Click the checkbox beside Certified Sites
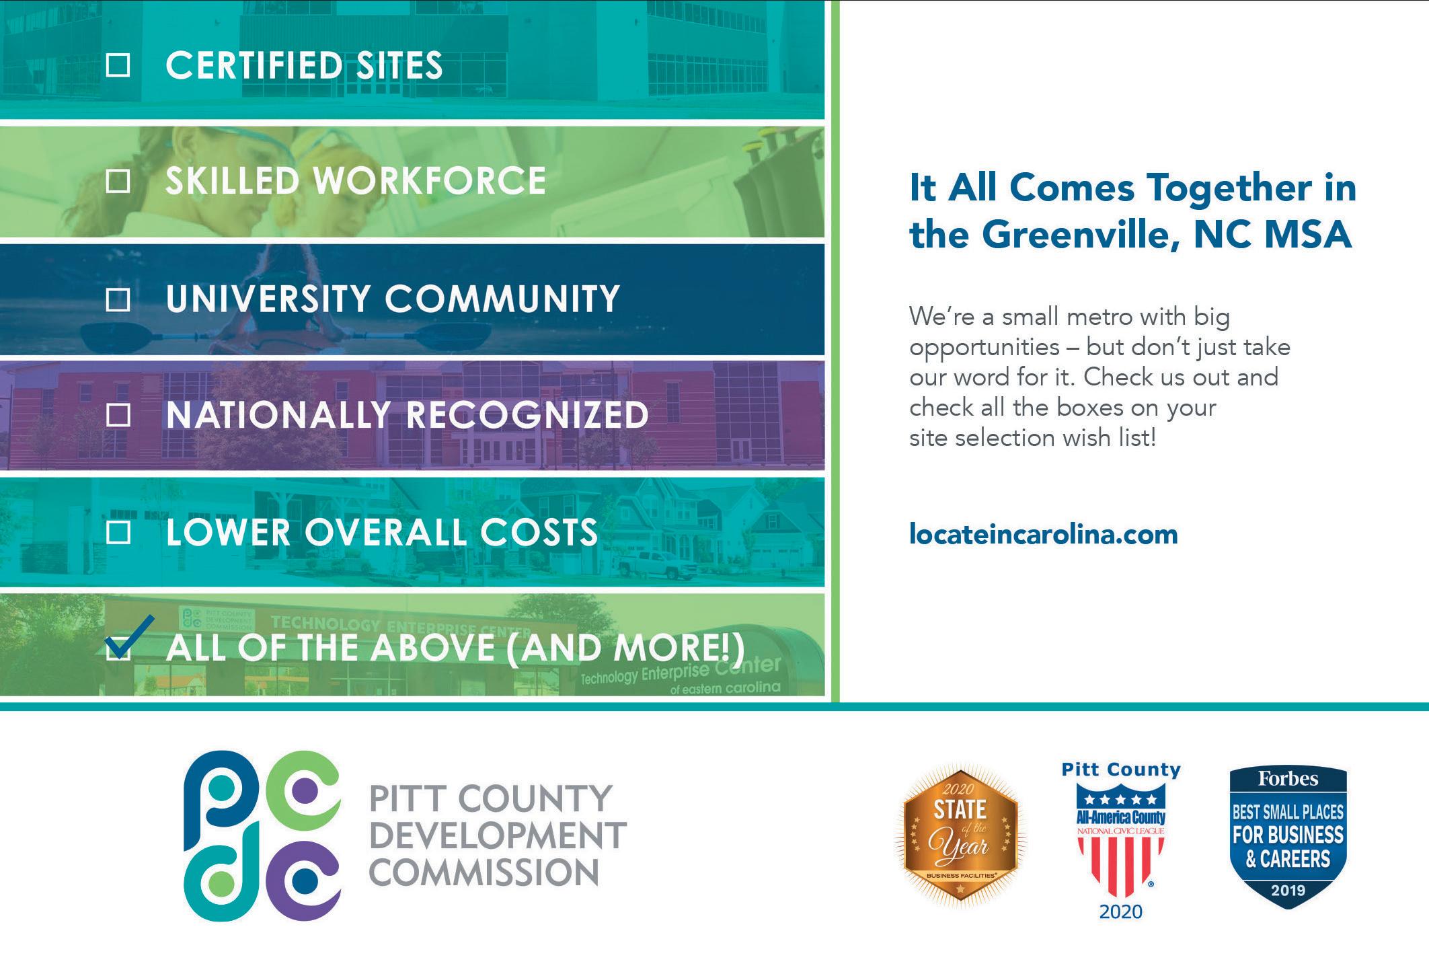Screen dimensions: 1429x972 pos(118,65)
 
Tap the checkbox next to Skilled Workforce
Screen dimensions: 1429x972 pos(118,181)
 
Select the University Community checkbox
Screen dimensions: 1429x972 pos(118,299)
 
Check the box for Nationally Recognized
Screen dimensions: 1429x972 pos(118,416)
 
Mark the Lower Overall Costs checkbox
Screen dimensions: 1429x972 pos(118,533)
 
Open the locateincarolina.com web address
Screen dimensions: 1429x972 pos(1043,535)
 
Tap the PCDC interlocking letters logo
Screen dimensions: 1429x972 pos(262,835)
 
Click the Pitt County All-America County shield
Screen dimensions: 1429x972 pos(1121,841)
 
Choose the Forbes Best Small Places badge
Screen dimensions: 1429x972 pos(1288,838)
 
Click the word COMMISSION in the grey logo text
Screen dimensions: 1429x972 pos(484,872)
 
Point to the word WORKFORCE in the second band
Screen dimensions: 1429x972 pos(430,181)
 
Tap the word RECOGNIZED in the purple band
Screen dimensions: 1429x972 pos(528,415)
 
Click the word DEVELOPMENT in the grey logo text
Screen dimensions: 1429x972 pos(498,835)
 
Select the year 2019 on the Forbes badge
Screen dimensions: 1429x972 pos(1288,891)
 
